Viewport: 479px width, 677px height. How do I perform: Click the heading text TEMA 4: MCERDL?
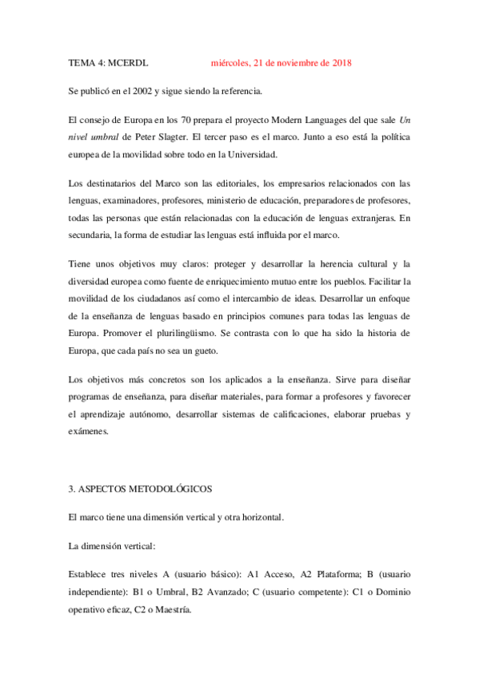pos(109,62)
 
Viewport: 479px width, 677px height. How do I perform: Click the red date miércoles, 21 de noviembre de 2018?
pos(281,62)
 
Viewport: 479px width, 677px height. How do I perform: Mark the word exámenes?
pos(92,432)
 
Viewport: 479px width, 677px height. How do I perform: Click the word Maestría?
pos(172,608)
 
